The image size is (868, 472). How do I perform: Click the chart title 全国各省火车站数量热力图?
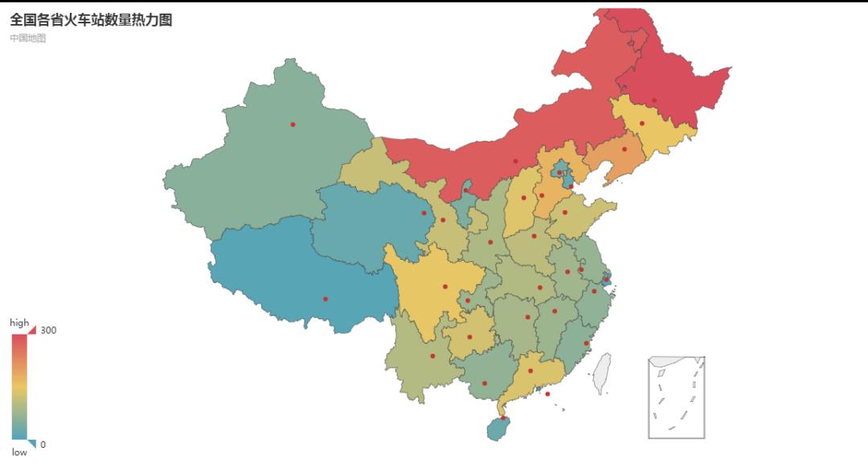click(x=91, y=20)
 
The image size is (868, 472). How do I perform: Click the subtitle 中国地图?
click(x=28, y=38)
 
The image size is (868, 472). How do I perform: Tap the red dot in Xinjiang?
click(x=293, y=124)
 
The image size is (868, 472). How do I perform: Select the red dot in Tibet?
click(x=325, y=299)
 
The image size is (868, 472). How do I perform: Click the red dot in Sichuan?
click(x=445, y=286)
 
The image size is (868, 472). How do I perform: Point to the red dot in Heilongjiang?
click(x=654, y=101)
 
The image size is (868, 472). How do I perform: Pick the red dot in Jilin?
click(x=641, y=123)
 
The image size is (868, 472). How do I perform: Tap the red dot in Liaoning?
click(x=624, y=149)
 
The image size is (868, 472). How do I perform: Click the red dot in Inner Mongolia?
click(x=516, y=161)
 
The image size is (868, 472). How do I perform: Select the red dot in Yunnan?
click(x=432, y=355)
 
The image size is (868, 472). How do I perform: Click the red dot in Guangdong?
click(x=530, y=371)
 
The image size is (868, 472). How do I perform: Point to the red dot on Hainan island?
click(x=504, y=417)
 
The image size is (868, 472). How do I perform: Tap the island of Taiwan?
click(x=602, y=373)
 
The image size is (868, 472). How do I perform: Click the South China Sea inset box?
click(x=676, y=397)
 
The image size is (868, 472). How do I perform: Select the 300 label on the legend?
click(x=48, y=330)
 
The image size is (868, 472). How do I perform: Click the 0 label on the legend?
click(x=43, y=445)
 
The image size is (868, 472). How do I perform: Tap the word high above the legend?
click(x=19, y=322)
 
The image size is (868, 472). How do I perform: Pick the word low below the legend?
click(x=19, y=453)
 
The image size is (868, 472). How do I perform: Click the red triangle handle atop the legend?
click(x=31, y=330)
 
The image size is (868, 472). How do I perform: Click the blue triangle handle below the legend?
click(x=31, y=444)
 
